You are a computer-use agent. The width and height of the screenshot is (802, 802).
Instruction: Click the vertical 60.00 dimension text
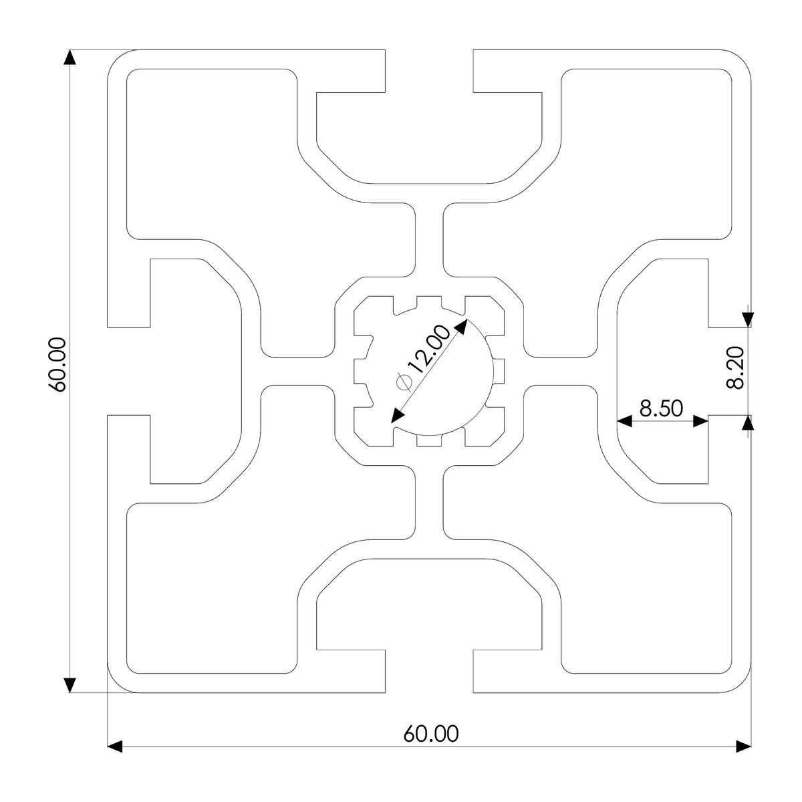tap(57, 364)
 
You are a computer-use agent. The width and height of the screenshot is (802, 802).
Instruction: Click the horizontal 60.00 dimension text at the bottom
tap(431, 734)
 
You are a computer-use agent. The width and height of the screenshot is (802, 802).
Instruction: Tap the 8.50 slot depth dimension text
tap(662, 408)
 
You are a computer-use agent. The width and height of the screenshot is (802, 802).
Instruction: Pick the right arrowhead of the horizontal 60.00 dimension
tap(743, 746)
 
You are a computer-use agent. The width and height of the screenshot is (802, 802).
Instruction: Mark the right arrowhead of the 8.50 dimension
tap(700, 421)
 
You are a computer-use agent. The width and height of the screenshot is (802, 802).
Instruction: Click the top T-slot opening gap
tap(429, 70)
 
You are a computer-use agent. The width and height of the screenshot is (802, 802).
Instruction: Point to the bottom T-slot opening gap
tap(429, 670)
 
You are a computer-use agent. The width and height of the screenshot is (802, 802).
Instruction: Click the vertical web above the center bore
tap(429, 237)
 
